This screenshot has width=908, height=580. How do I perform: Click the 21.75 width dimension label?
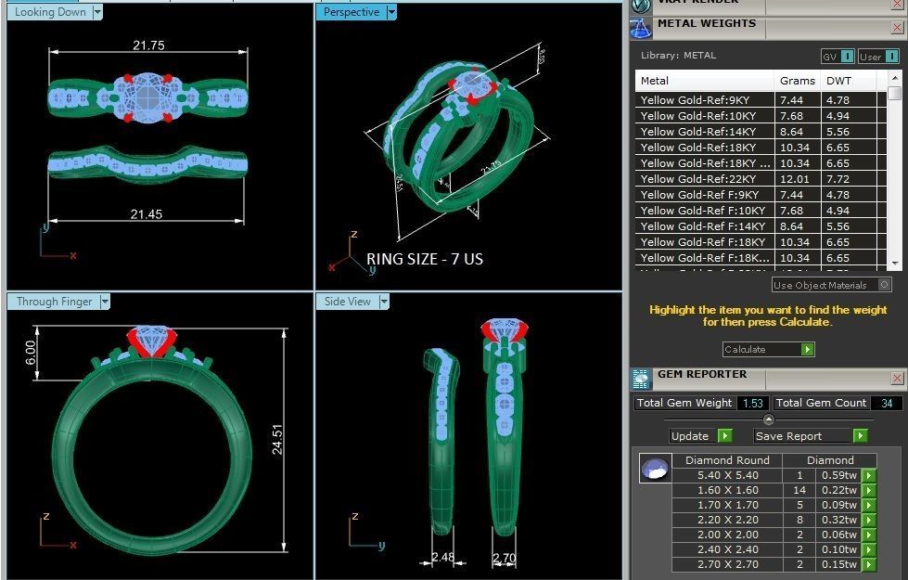[x=148, y=45]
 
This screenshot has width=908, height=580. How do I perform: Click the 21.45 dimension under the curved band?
[x=146, y=214]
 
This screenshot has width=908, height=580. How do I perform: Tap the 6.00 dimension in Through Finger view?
[x=31, y=352]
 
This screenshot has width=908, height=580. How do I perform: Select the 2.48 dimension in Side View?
[x=443, y=558]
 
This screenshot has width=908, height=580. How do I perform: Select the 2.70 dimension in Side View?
[x=503, y=558]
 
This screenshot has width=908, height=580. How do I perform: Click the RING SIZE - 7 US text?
[x=424, y=259]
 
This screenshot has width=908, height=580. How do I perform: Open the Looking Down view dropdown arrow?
[x=97, y=12]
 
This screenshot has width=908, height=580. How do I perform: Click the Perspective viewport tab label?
[x=352, y=12]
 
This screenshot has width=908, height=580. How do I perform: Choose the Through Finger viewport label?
[x=55, y=302]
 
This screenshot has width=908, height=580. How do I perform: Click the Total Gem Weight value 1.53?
[x=752, y=403]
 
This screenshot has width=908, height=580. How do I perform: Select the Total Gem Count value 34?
[x=888, y=403]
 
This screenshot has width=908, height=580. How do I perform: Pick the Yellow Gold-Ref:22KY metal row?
[x=705, y=179]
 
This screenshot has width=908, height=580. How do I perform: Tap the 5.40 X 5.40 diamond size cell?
[x=727, y=475]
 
